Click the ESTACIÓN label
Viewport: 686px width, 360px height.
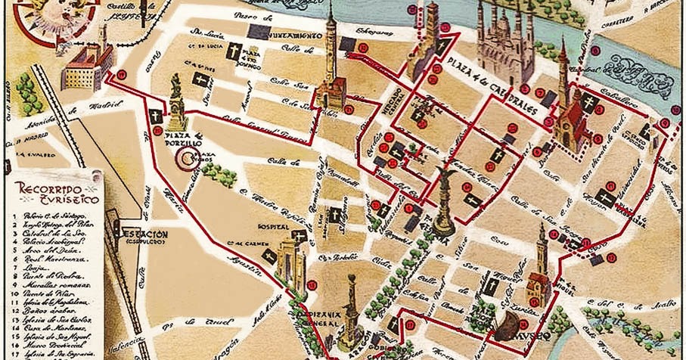pos(141,235)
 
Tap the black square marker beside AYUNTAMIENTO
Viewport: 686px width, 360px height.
pos(259,31)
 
